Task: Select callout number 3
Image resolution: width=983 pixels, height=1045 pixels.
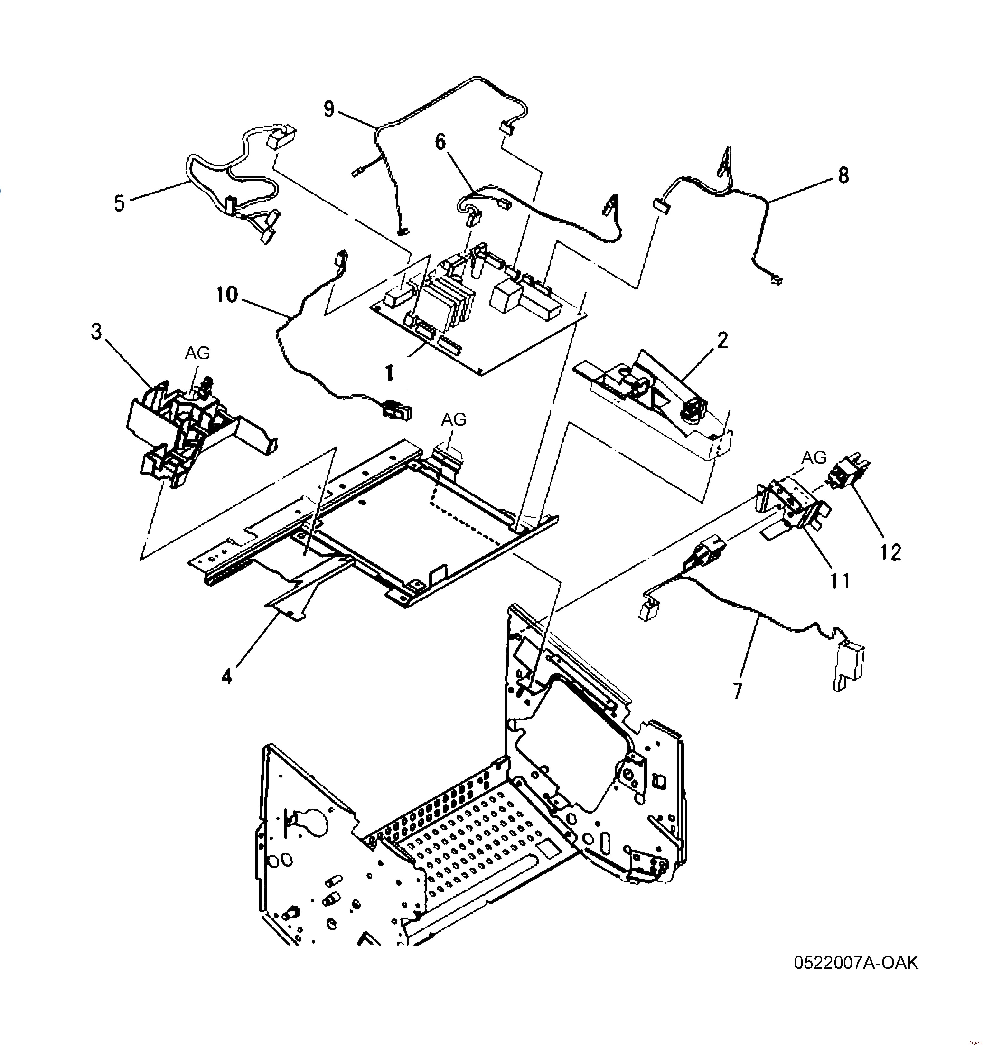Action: [x=96, y=332]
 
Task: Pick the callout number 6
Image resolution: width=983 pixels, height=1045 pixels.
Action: [x=440, y=142]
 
